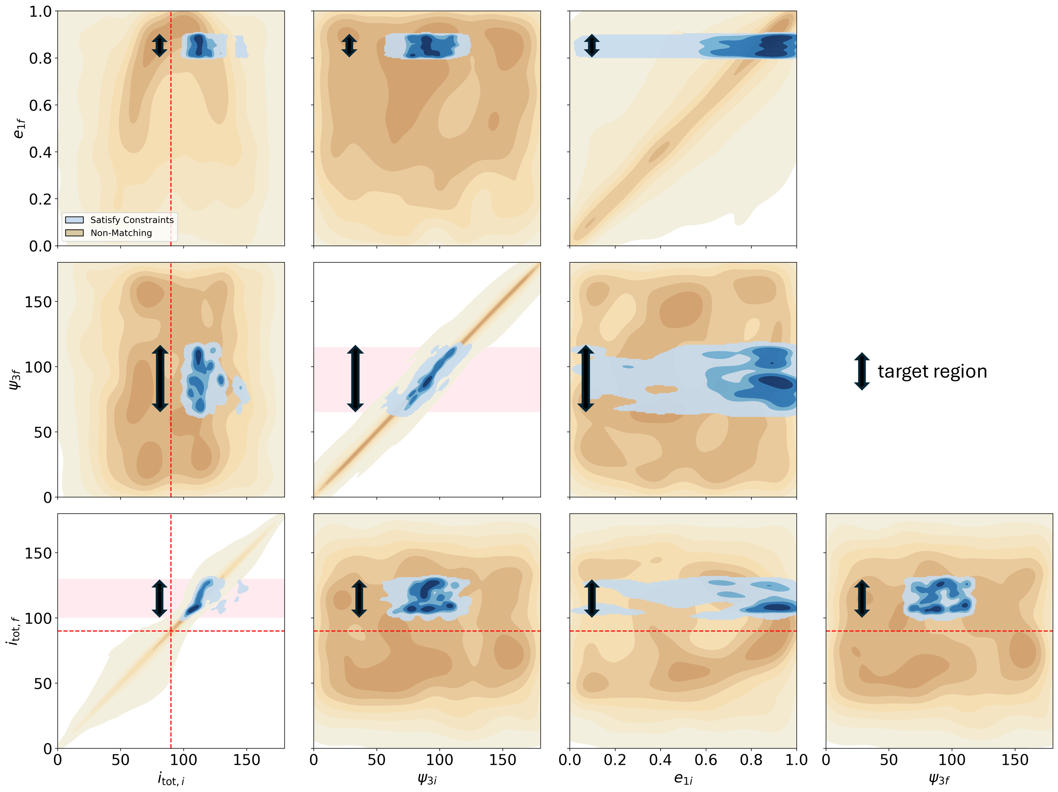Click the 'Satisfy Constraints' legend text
click(x=132, y=220)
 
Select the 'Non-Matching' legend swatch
click(x=74, y=233)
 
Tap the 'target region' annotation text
click(x=932, y=372)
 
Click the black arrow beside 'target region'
click(x=862, y=372)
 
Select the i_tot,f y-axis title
click(x=14, y=631)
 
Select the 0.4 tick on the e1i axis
click(x=661, y=760)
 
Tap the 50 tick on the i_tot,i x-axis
click(x=121, y=760)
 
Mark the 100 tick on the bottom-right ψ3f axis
click(x=952, y=760)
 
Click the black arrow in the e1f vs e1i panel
click(x=592, y=46)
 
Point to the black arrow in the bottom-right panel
click(x=862, y=598)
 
